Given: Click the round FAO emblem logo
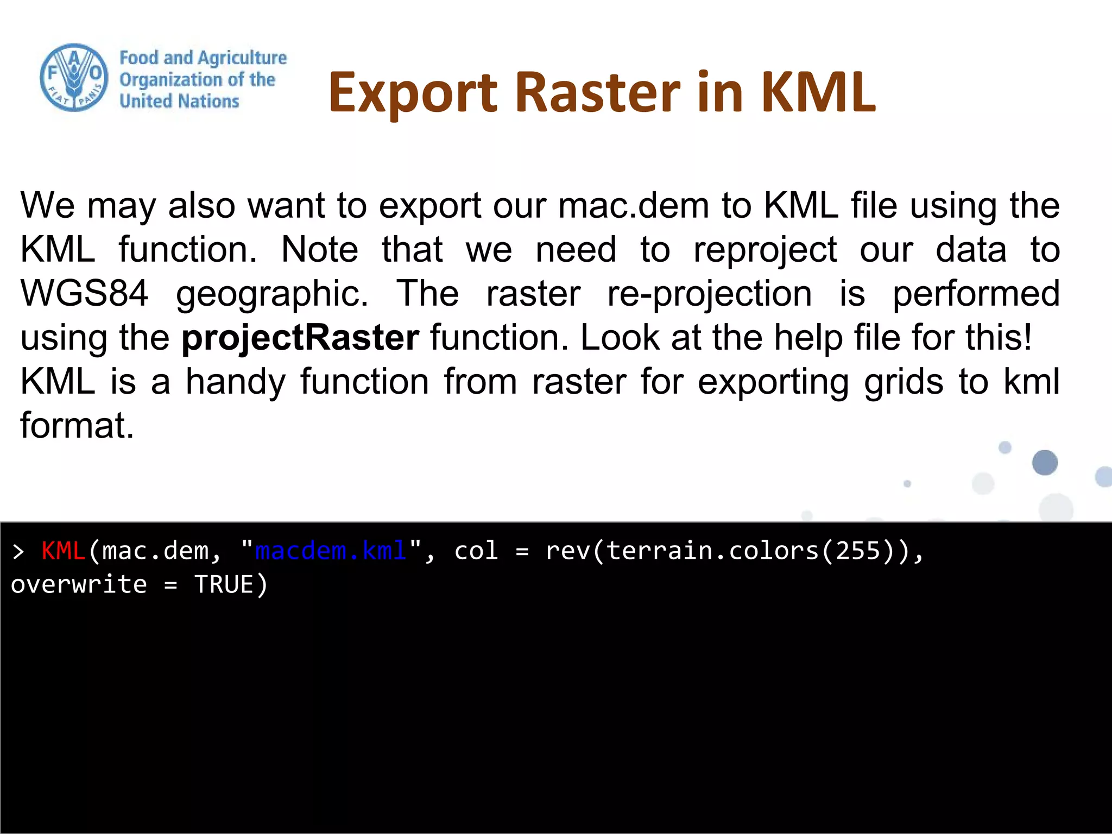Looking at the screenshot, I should (x=74, y=78).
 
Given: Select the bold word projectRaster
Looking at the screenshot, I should (x=300, y=338).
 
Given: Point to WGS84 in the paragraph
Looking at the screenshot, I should (x=84, y=294).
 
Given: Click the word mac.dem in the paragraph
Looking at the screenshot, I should (x=634, y=206).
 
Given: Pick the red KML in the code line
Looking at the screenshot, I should (x=63, y=551).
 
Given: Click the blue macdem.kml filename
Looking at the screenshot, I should (x=330, y=551).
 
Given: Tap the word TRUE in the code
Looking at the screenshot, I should (x=224, y=585).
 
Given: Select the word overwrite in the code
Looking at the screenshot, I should (x=79, y=585).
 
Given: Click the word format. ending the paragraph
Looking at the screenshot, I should (x=77, y=425).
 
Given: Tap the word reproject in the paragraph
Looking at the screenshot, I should (x=765, y=250).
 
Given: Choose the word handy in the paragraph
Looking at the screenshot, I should (x=235, y=382).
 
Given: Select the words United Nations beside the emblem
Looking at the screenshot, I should (x=179, y=102).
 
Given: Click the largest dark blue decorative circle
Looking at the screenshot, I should (x=1044, y=463).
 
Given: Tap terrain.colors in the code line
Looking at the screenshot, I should (x=712, y=551).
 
